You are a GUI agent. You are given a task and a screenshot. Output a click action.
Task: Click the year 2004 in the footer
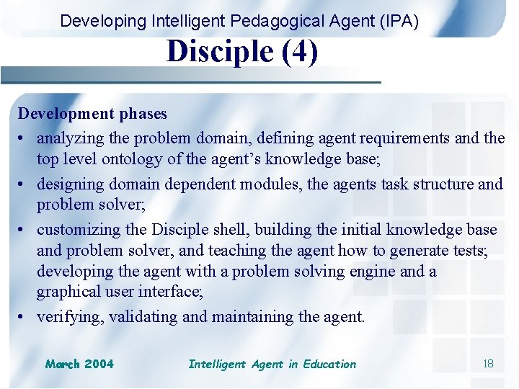point(99,364)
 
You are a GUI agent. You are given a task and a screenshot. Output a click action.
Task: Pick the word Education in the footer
point(329,364)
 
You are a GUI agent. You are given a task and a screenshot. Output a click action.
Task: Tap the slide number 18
point(488,364)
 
